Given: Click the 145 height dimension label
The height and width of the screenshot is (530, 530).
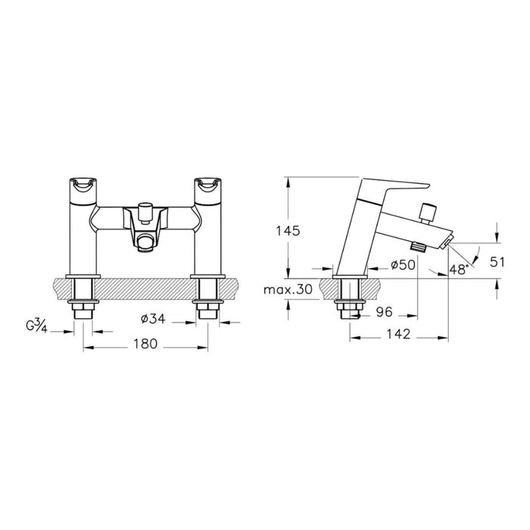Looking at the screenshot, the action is [x=288, y=231].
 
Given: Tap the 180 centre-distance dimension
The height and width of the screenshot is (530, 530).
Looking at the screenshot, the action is [x=145, y=344].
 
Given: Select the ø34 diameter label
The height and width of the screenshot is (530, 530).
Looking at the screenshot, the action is [x=153, y=319].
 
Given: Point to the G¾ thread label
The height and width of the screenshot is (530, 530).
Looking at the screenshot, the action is [x=36, y=327].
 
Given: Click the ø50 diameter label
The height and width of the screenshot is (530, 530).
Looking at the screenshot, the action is [x=403, y=265].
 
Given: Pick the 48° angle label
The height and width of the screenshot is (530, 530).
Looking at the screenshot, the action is [x=459, y=270].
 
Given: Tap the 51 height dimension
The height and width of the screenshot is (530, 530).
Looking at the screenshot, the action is [x=497, y=262].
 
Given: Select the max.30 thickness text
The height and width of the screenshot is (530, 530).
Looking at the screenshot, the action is [x=288, y=290].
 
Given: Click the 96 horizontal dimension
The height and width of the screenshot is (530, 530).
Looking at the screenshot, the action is [x=385, y=312].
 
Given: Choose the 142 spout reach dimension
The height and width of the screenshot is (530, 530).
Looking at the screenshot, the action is [x=398, y=335].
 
